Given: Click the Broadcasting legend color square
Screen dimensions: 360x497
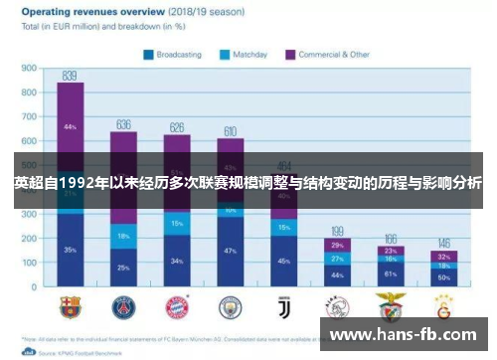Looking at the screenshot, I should (148, 56).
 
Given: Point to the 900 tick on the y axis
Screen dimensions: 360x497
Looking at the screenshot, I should (29, 69).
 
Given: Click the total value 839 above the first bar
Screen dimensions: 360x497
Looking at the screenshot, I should (70, 76).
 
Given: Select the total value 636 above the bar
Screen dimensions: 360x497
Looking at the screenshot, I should (123, 124).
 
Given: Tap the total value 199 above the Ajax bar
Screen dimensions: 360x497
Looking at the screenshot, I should (338, 231).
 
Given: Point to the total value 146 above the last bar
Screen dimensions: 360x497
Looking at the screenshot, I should (444, 244).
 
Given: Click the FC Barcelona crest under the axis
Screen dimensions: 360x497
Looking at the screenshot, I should (71, 305).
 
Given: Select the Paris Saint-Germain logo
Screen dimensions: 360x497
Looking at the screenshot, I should (124, 305).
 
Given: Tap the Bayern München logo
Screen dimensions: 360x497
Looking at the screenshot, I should (177, 305).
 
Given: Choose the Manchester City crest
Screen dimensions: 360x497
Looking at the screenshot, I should (231, 305).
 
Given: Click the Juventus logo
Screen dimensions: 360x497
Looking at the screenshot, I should (284, 305).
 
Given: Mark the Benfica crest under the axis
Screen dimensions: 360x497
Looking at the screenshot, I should (391, 305).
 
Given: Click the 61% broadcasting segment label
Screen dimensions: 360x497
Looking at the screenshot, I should (391, 273).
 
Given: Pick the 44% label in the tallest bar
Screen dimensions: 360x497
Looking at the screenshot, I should (70, 127).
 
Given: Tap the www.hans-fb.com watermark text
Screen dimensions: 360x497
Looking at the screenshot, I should (408, 335).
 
